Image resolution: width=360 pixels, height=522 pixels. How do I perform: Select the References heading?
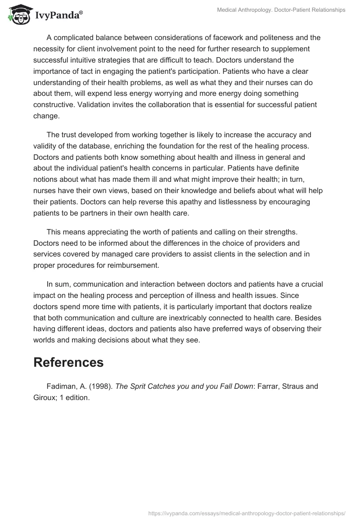68,362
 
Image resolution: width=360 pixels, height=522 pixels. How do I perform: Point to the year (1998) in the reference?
102,387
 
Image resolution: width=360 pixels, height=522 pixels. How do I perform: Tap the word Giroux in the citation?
45,397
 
